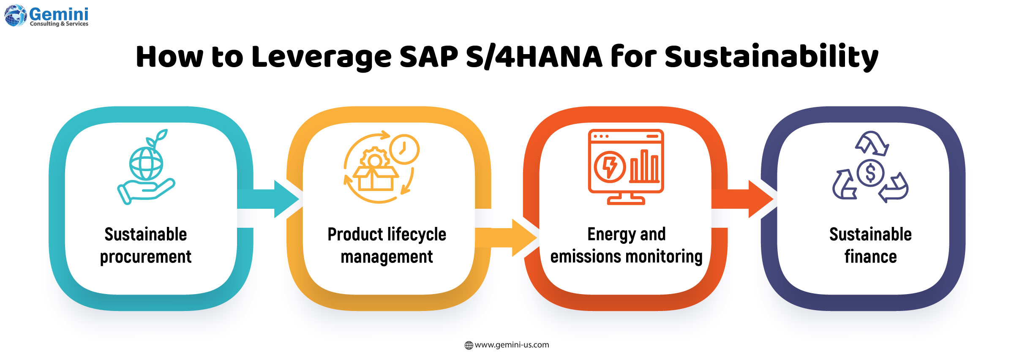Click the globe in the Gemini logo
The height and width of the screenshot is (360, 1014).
coord(15,16)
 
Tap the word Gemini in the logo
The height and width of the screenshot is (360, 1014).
coord(59,14)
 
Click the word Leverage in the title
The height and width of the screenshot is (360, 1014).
coord(322,57)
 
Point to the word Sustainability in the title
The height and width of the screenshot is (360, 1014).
coord(771,57)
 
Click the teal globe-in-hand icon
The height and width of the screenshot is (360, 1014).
coord(146,173)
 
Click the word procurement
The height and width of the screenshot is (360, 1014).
coord(146,257)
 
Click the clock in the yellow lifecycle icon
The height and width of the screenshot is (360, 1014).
coord(404,149)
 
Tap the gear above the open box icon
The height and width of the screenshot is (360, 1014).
coord(374,158)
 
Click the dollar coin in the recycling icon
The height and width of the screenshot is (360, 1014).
coord(870,172)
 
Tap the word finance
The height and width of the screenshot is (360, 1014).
coord(870,257)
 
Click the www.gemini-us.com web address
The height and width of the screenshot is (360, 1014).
coord(512,345)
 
